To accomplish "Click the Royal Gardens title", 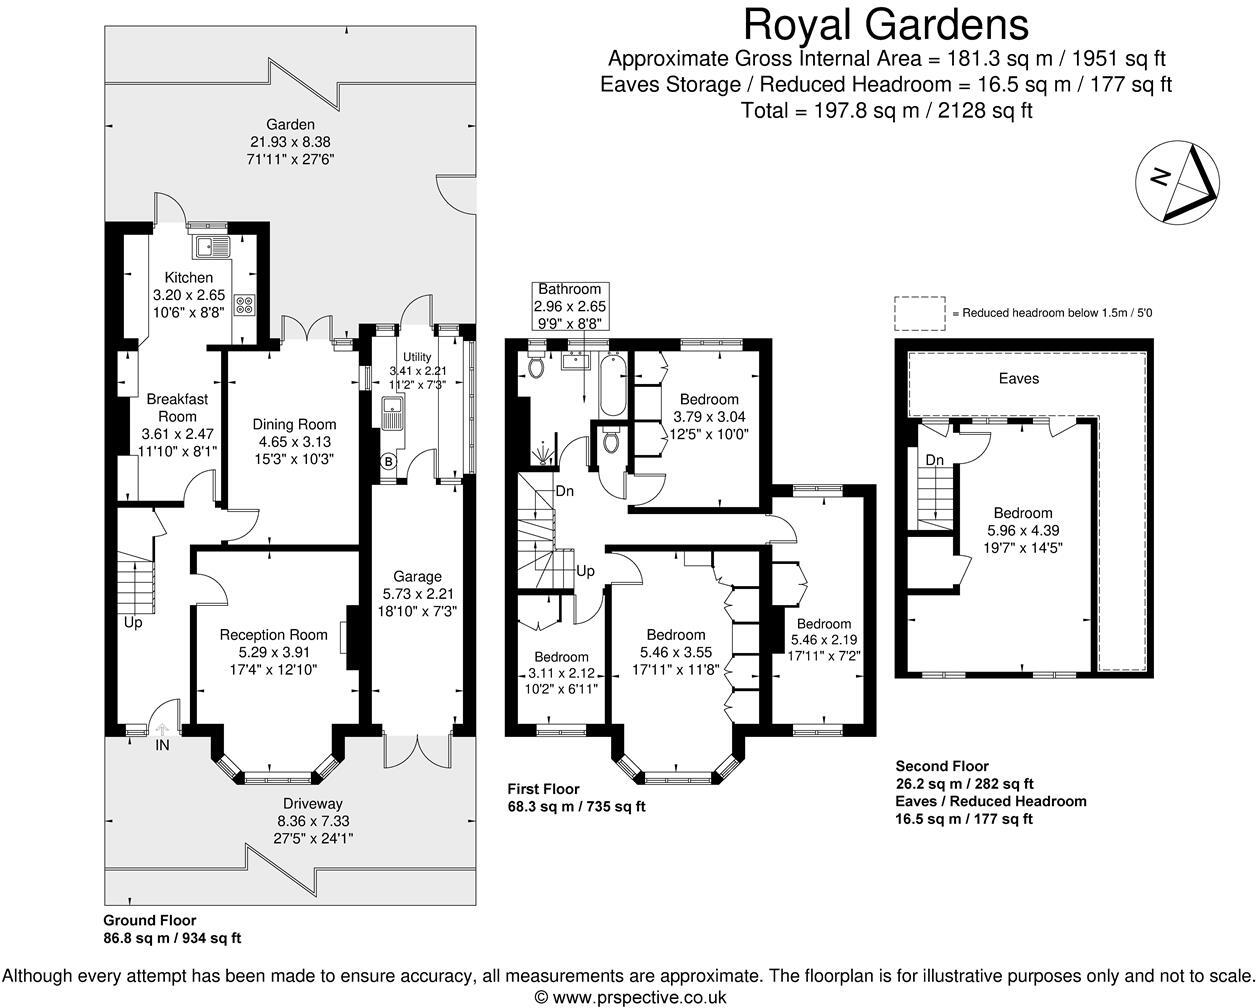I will coord(886,24).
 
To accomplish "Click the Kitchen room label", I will coord(189,277).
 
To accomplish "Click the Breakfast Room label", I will coord(177,407).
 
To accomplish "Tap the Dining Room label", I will coord(294,424).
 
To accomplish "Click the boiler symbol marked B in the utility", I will coord(387,461).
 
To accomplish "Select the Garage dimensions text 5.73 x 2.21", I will coord(417,593).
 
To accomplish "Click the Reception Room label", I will coord(273,634).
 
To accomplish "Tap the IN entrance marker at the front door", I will coord(163,745).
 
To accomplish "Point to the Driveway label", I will coord(311,803).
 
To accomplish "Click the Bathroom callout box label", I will coord(570,289).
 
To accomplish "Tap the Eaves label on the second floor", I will coord(1018,378).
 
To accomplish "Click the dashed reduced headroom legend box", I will coord(919,313).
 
